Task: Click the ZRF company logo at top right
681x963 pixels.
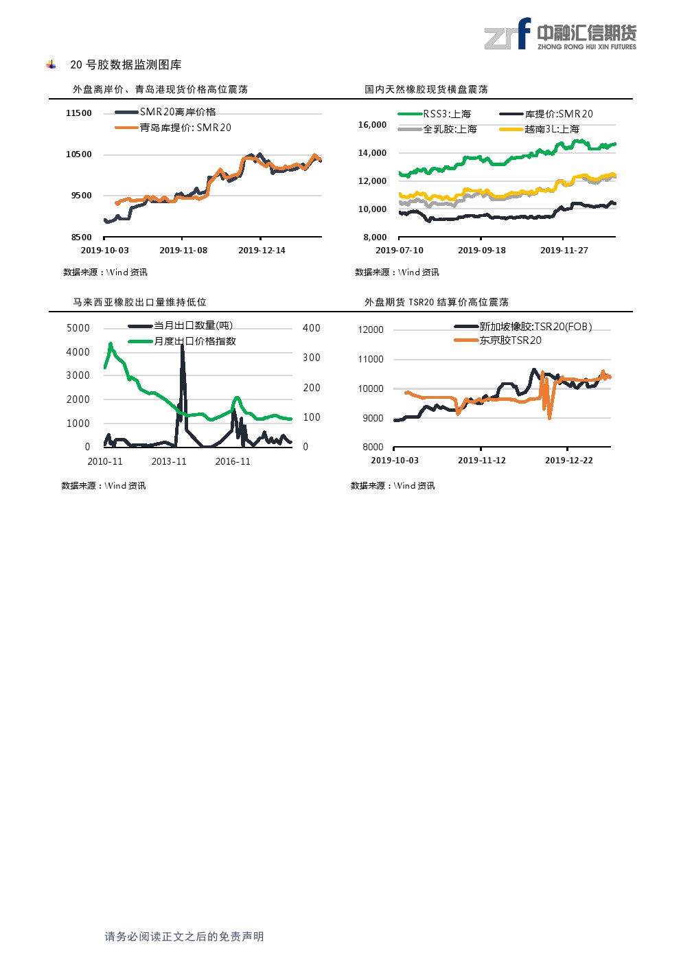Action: click(x=559, y=34)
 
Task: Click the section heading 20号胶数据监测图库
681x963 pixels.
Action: click(x=126, y=65)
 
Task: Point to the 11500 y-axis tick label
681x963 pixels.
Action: click(x=79, y=113)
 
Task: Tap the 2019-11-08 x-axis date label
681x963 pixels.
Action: click(x=183, y=251)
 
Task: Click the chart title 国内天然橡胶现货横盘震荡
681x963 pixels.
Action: click(x=426, y=89)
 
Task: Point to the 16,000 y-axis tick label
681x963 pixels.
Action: click(x=372, y=125)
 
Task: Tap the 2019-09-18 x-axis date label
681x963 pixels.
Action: click(x=482, y=251)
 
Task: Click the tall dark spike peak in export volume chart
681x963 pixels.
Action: click(x=182, y=347)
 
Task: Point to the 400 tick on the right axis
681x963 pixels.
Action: click(x=312, y=328)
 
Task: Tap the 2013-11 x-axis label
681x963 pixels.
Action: click(x=169, y=461)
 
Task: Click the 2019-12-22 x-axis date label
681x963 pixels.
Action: click(x=569, y=461)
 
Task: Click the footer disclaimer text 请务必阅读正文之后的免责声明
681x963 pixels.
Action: click(x=184, y=937)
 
